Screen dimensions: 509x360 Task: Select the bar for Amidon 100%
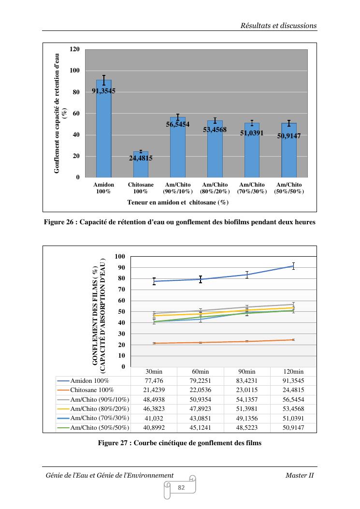click(x=103, y=131)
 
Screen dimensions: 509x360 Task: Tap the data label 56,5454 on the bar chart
click(x=178, y=124)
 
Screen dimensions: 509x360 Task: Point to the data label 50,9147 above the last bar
click(x=289, y=136)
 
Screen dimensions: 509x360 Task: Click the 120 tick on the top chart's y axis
click(x=74, y=49)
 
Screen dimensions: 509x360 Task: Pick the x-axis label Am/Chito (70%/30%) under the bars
click(x=252, y=188)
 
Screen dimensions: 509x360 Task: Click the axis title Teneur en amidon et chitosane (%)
click(x=178, y=203)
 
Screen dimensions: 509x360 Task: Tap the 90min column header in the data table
click(x=247, y=371)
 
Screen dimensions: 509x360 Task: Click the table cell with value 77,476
click(x=154, y=381)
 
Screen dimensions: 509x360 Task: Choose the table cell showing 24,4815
click(x=294, y=390)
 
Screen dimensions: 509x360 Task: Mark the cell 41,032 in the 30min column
click(x=154, y=418)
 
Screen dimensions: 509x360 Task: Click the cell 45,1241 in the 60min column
click(x=201, y=427)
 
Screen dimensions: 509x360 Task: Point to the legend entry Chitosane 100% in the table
click(x=92, y=390)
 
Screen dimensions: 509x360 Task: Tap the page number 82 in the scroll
click(x=182, y=488)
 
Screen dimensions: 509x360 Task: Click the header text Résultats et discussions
click(x=279, y=26)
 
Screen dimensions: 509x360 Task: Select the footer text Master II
click(x=300, y=475)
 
